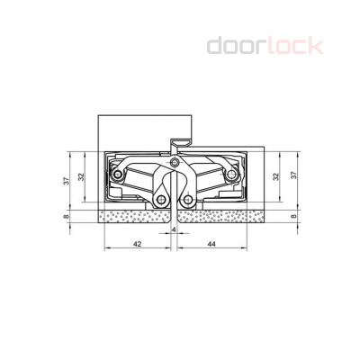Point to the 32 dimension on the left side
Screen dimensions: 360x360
(x=82, y=177)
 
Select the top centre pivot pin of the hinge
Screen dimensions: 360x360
(x=174, y=163)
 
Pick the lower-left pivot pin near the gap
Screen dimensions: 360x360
(x=162, y=200)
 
